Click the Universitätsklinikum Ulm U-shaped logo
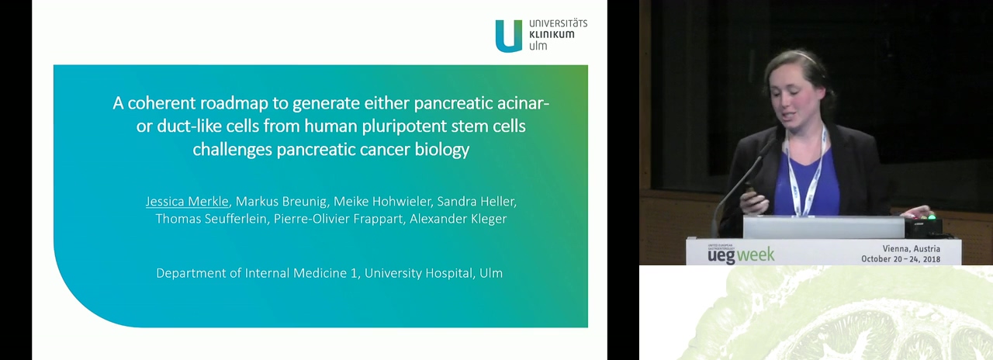[x=509, y=36]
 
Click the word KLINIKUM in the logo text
[x=552, y=34]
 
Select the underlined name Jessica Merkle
[x=187, y=201]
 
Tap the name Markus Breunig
[x=282, y=201]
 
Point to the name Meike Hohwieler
[x=382, y=201]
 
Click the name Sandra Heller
[x=476, y=201]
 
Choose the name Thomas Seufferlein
[x=211, y=219]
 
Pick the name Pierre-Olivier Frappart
[x=338, y=219]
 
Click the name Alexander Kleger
[x=458, y=219]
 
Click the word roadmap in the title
[x=234, y=103]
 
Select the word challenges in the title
[x=232, y=150]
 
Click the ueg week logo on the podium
[x=741, y=254]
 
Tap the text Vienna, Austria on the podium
[x=911, y=248]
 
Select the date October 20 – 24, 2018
[x=901, y=258]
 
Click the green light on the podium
[x=932, y=217]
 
